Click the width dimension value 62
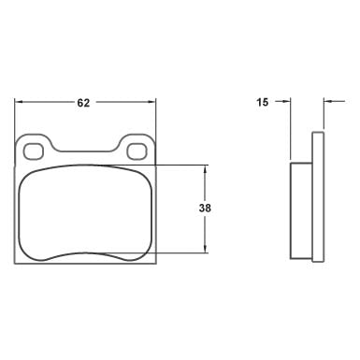pyautogui.click(x=82, y=102)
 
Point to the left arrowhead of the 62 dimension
pyautogui.click(x=20, y=102)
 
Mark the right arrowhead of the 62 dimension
pyautogui.click(x=151, y=102)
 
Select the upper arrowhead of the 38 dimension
pyautogui.click(x=205, y=168)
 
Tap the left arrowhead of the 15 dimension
pyautogui.click(x=286, y=102)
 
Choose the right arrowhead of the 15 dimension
pyautogui.click(x=326, y=102)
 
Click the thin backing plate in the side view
pyautogui.click(x=318, y=196)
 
